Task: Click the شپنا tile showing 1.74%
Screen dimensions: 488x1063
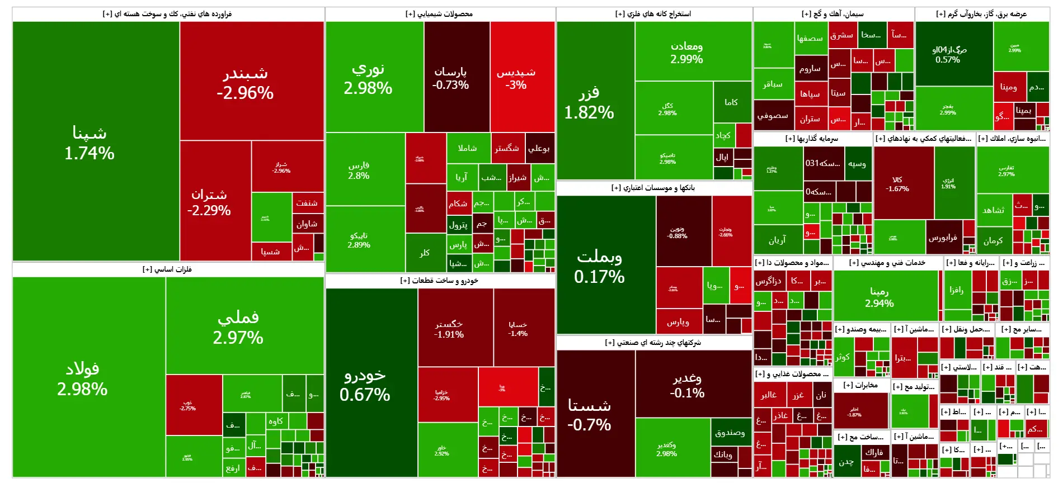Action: coord(90,142)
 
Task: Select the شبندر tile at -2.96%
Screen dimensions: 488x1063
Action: coord(245,83)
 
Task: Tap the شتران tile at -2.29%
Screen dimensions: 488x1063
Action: coord(209,202)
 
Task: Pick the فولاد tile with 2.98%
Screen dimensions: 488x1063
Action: coord(82,378)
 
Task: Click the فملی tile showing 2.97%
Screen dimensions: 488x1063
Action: coord(238,327)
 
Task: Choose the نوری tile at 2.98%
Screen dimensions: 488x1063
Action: coord(368,78)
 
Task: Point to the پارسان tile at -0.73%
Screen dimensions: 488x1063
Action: coord(450,78)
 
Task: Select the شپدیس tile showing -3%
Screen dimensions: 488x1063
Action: coord(516,78)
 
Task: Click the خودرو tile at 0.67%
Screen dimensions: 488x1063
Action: coord(365,385)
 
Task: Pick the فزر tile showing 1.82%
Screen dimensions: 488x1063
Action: coord(589,102)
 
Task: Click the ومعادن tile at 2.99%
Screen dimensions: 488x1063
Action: coord(686,52)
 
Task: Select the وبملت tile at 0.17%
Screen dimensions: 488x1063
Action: coord(599,266)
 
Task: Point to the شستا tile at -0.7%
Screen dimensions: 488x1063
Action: coord(589,414)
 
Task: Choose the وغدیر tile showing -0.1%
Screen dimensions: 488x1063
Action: coord(687,385)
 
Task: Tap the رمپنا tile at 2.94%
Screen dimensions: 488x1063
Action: coord(879,297)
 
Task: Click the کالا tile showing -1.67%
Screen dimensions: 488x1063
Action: coord(897,184)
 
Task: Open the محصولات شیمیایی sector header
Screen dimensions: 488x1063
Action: coord(439,14)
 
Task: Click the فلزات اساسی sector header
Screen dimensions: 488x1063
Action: coord(167,269)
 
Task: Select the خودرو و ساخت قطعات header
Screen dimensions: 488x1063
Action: coord(439,281)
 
